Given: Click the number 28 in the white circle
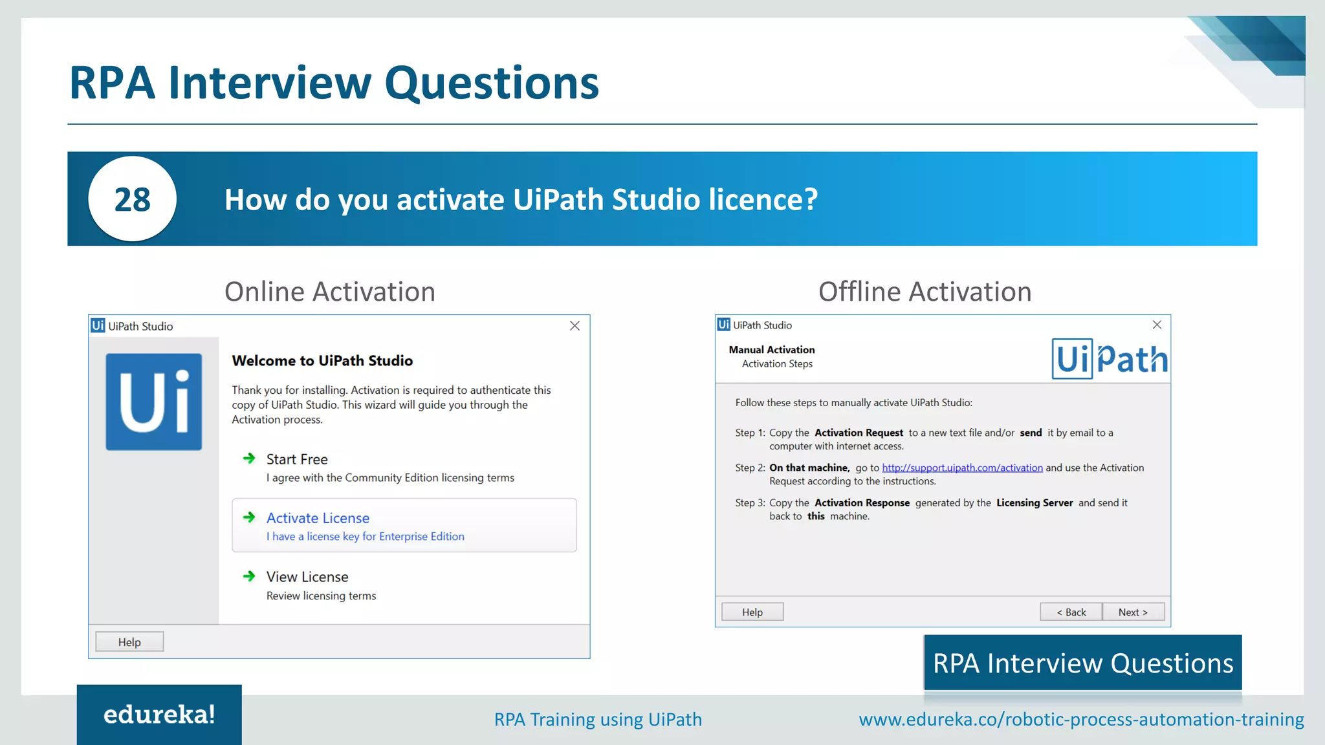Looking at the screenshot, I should pos(133,199).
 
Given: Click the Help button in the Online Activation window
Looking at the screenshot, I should pos(129,642).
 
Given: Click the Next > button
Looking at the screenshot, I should pos(1133,612).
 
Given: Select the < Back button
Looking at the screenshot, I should pos(1071,612).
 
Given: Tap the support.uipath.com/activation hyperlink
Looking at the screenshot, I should pos(962,468).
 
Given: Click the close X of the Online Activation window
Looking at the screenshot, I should pos(575,326).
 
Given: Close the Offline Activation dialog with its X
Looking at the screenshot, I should pos(1157,325).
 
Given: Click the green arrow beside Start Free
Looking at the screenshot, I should pos(249,459).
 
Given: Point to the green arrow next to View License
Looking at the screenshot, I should pos(249,576).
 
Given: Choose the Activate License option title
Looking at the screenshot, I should pos(318,518).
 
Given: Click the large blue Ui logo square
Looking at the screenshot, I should pos(154,402).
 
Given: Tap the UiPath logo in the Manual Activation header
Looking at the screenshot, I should pos(1109,359).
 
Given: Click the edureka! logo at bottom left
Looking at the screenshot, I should pos(159,715).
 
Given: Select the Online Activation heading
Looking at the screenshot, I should pos(330,292).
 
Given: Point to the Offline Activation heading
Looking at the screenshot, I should pos(925,292).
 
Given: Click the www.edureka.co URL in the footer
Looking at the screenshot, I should pos(1081,719).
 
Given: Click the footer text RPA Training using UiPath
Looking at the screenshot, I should pos(598,719).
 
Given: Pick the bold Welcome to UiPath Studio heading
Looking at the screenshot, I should pos(322,361).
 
